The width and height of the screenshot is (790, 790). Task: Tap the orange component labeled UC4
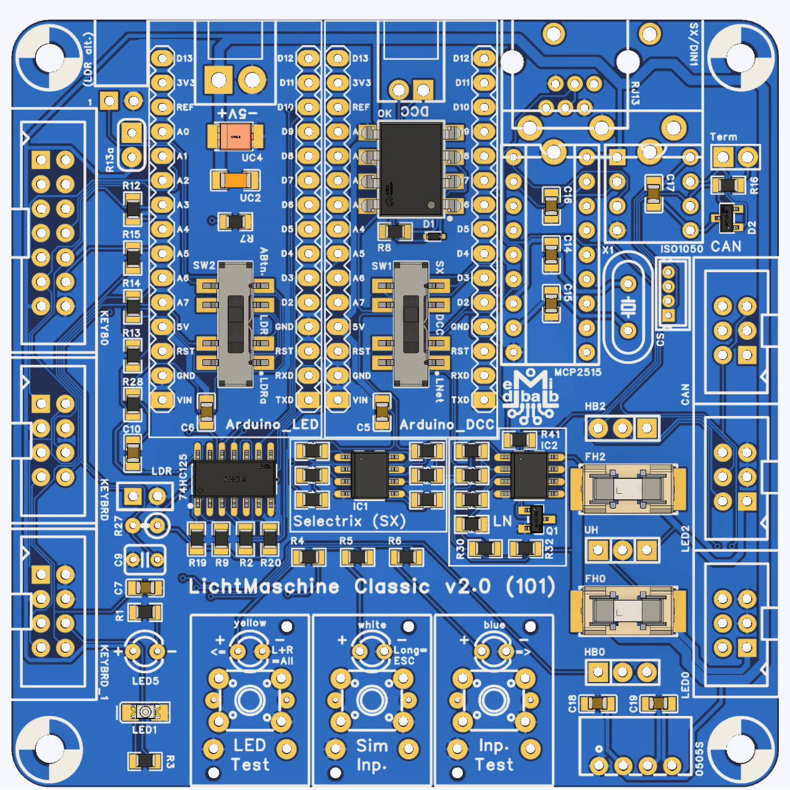235,136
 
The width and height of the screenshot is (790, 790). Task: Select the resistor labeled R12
133,208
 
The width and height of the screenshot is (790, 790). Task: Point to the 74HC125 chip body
235,478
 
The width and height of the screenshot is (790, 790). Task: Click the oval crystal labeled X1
628,307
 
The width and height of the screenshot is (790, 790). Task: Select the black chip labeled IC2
530,475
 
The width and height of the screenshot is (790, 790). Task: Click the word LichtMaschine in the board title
264,586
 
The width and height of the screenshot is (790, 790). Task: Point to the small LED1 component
144,712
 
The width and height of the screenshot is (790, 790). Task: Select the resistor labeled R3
145,760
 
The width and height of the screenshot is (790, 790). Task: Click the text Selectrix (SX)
349,522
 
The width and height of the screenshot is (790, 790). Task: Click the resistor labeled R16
728,185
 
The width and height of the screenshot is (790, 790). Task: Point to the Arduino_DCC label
447,425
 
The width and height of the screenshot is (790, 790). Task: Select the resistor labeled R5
357,557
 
